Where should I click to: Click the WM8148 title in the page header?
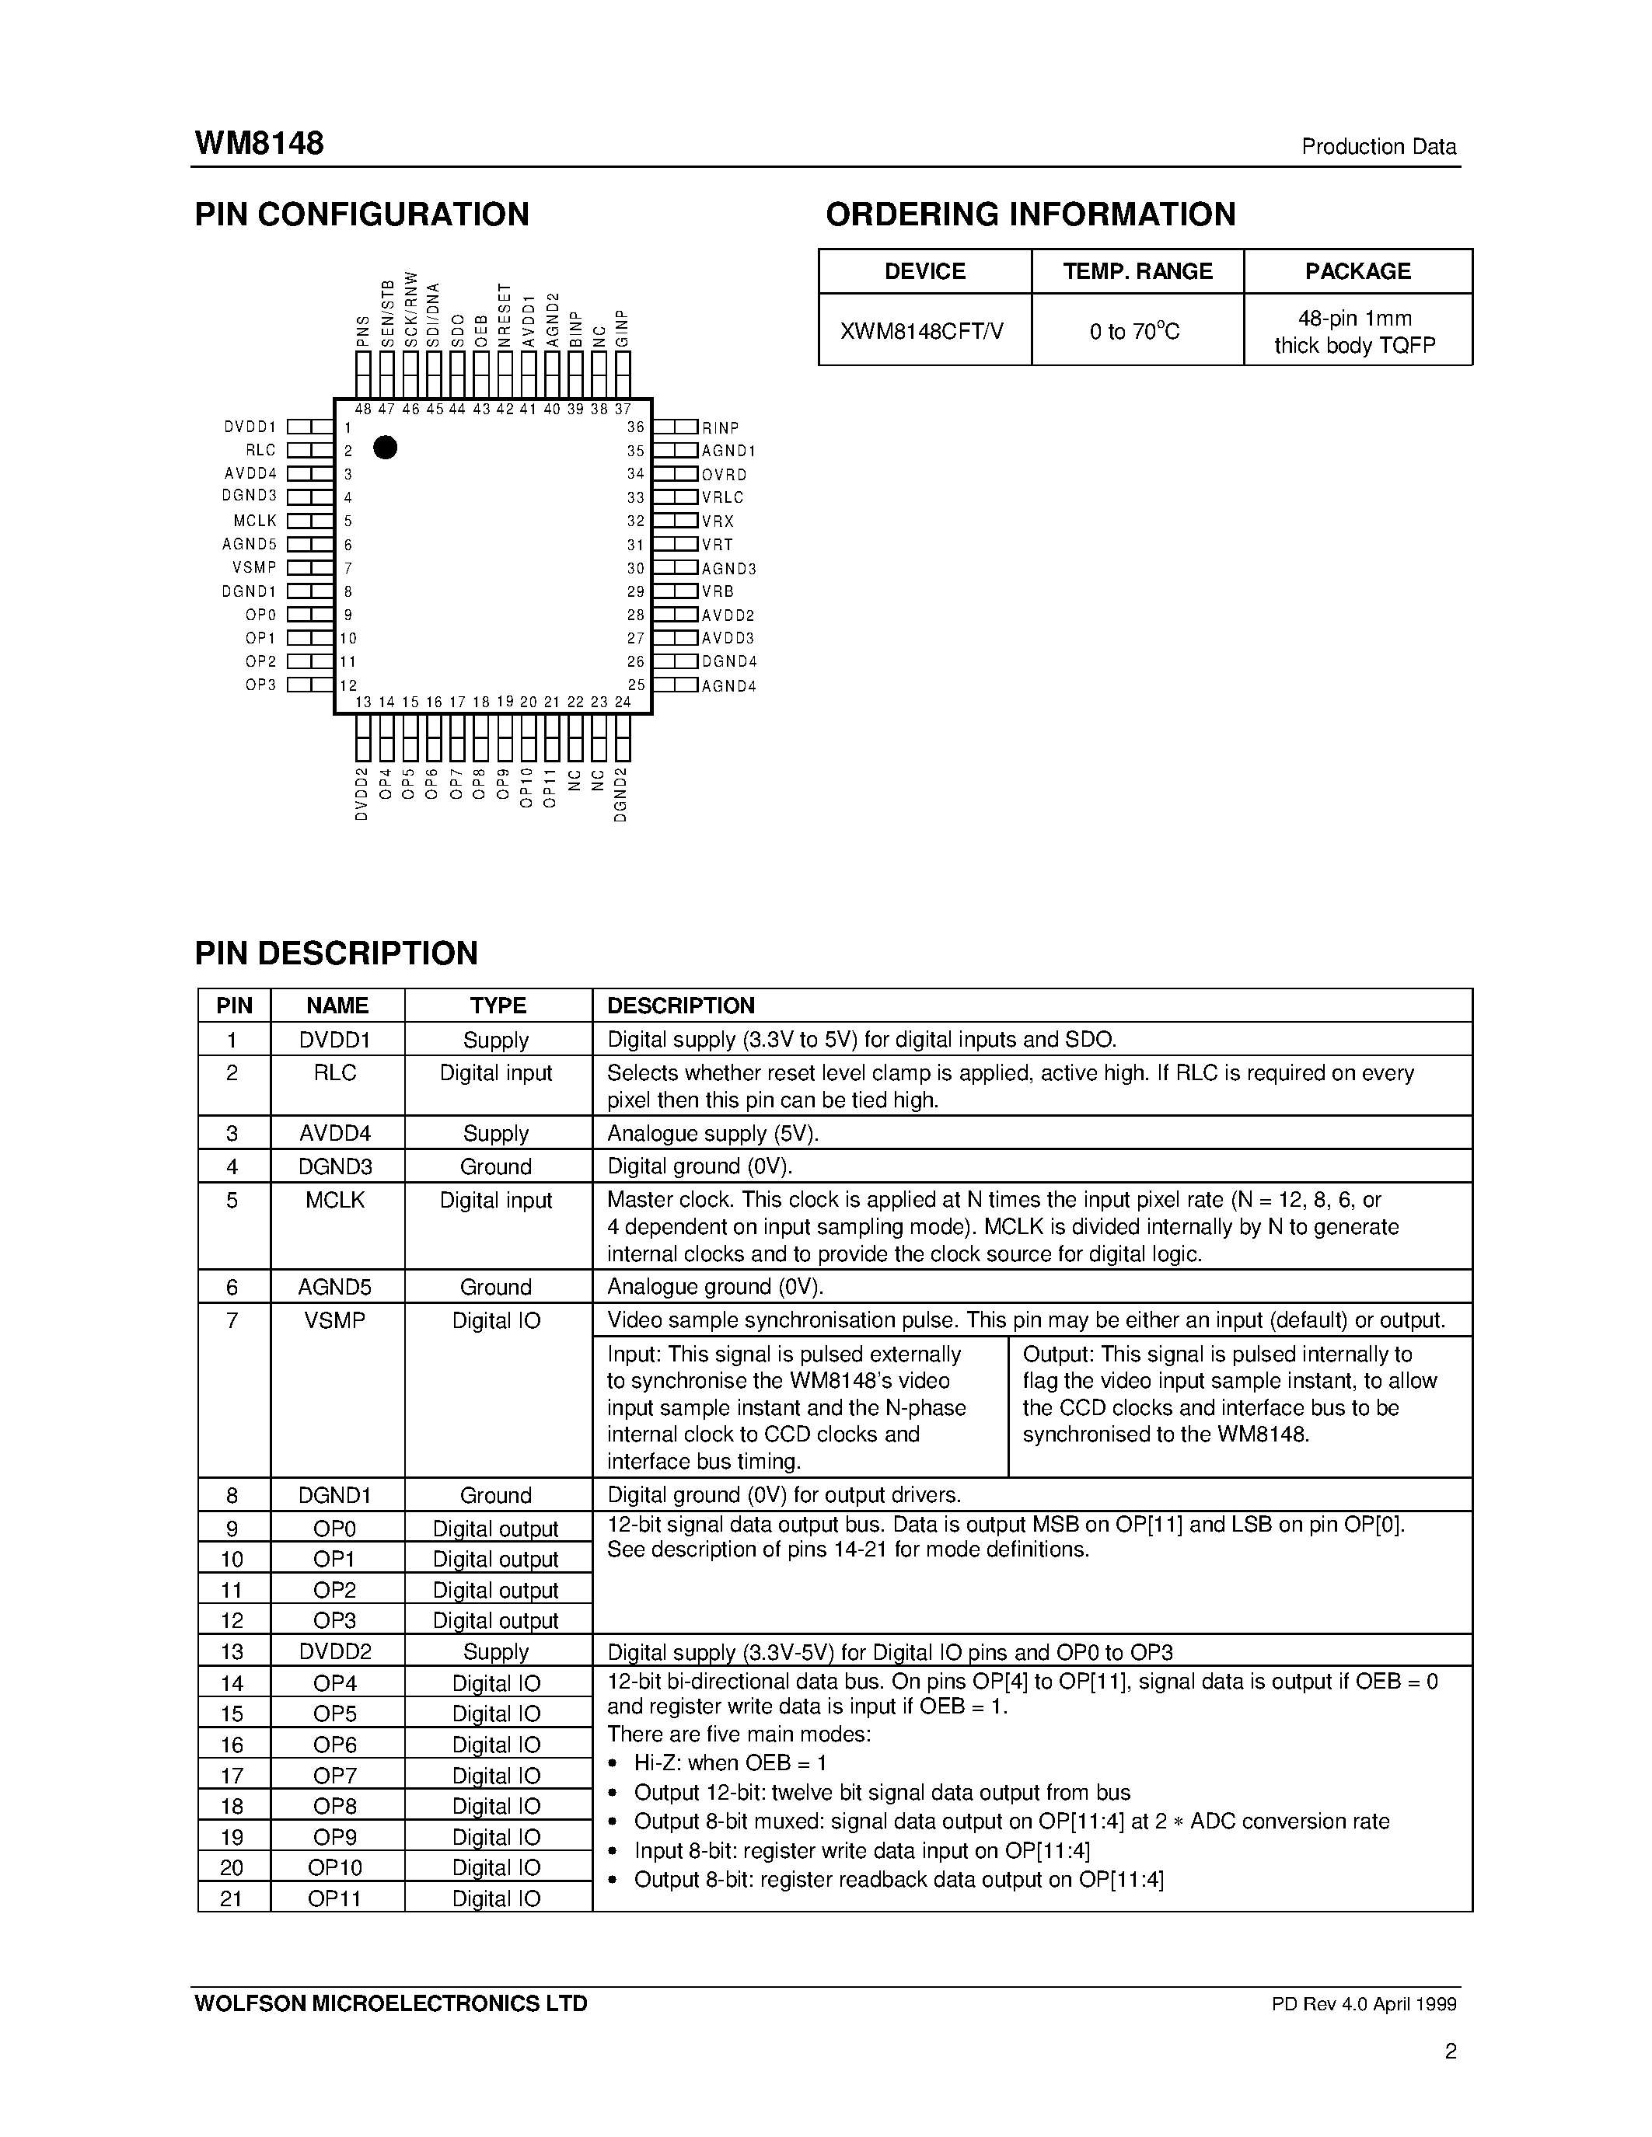pyautogui.click(x=260, y=144)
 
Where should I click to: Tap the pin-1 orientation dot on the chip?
pyautogui.click(x=386, y=447)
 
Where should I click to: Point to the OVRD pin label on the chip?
pyautogui.click(x=725, y=475)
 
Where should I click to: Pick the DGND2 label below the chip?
pyautogui.click(x=620, y=793)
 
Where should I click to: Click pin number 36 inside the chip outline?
pyautogui.click(x=636, y=427)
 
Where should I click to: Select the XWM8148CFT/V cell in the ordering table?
pyautogui.click(x=923, y=332)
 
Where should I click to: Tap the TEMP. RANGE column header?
pyautogui.click(x=1137, y=271)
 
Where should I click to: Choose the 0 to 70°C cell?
pyautogui.click(x=1135, y=332)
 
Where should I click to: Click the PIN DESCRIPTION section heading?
pyautogui.click(x=337, y=953)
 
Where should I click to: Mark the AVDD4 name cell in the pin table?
pyautogui.click(x=336, y=1133)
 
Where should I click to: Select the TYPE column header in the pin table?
pyautogui.click(x=498, y=1006)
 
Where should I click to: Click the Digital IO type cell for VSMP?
pyautogui.click(x=496, y=1321)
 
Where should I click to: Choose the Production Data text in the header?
pyautogui.click(x=1378, y=147)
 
